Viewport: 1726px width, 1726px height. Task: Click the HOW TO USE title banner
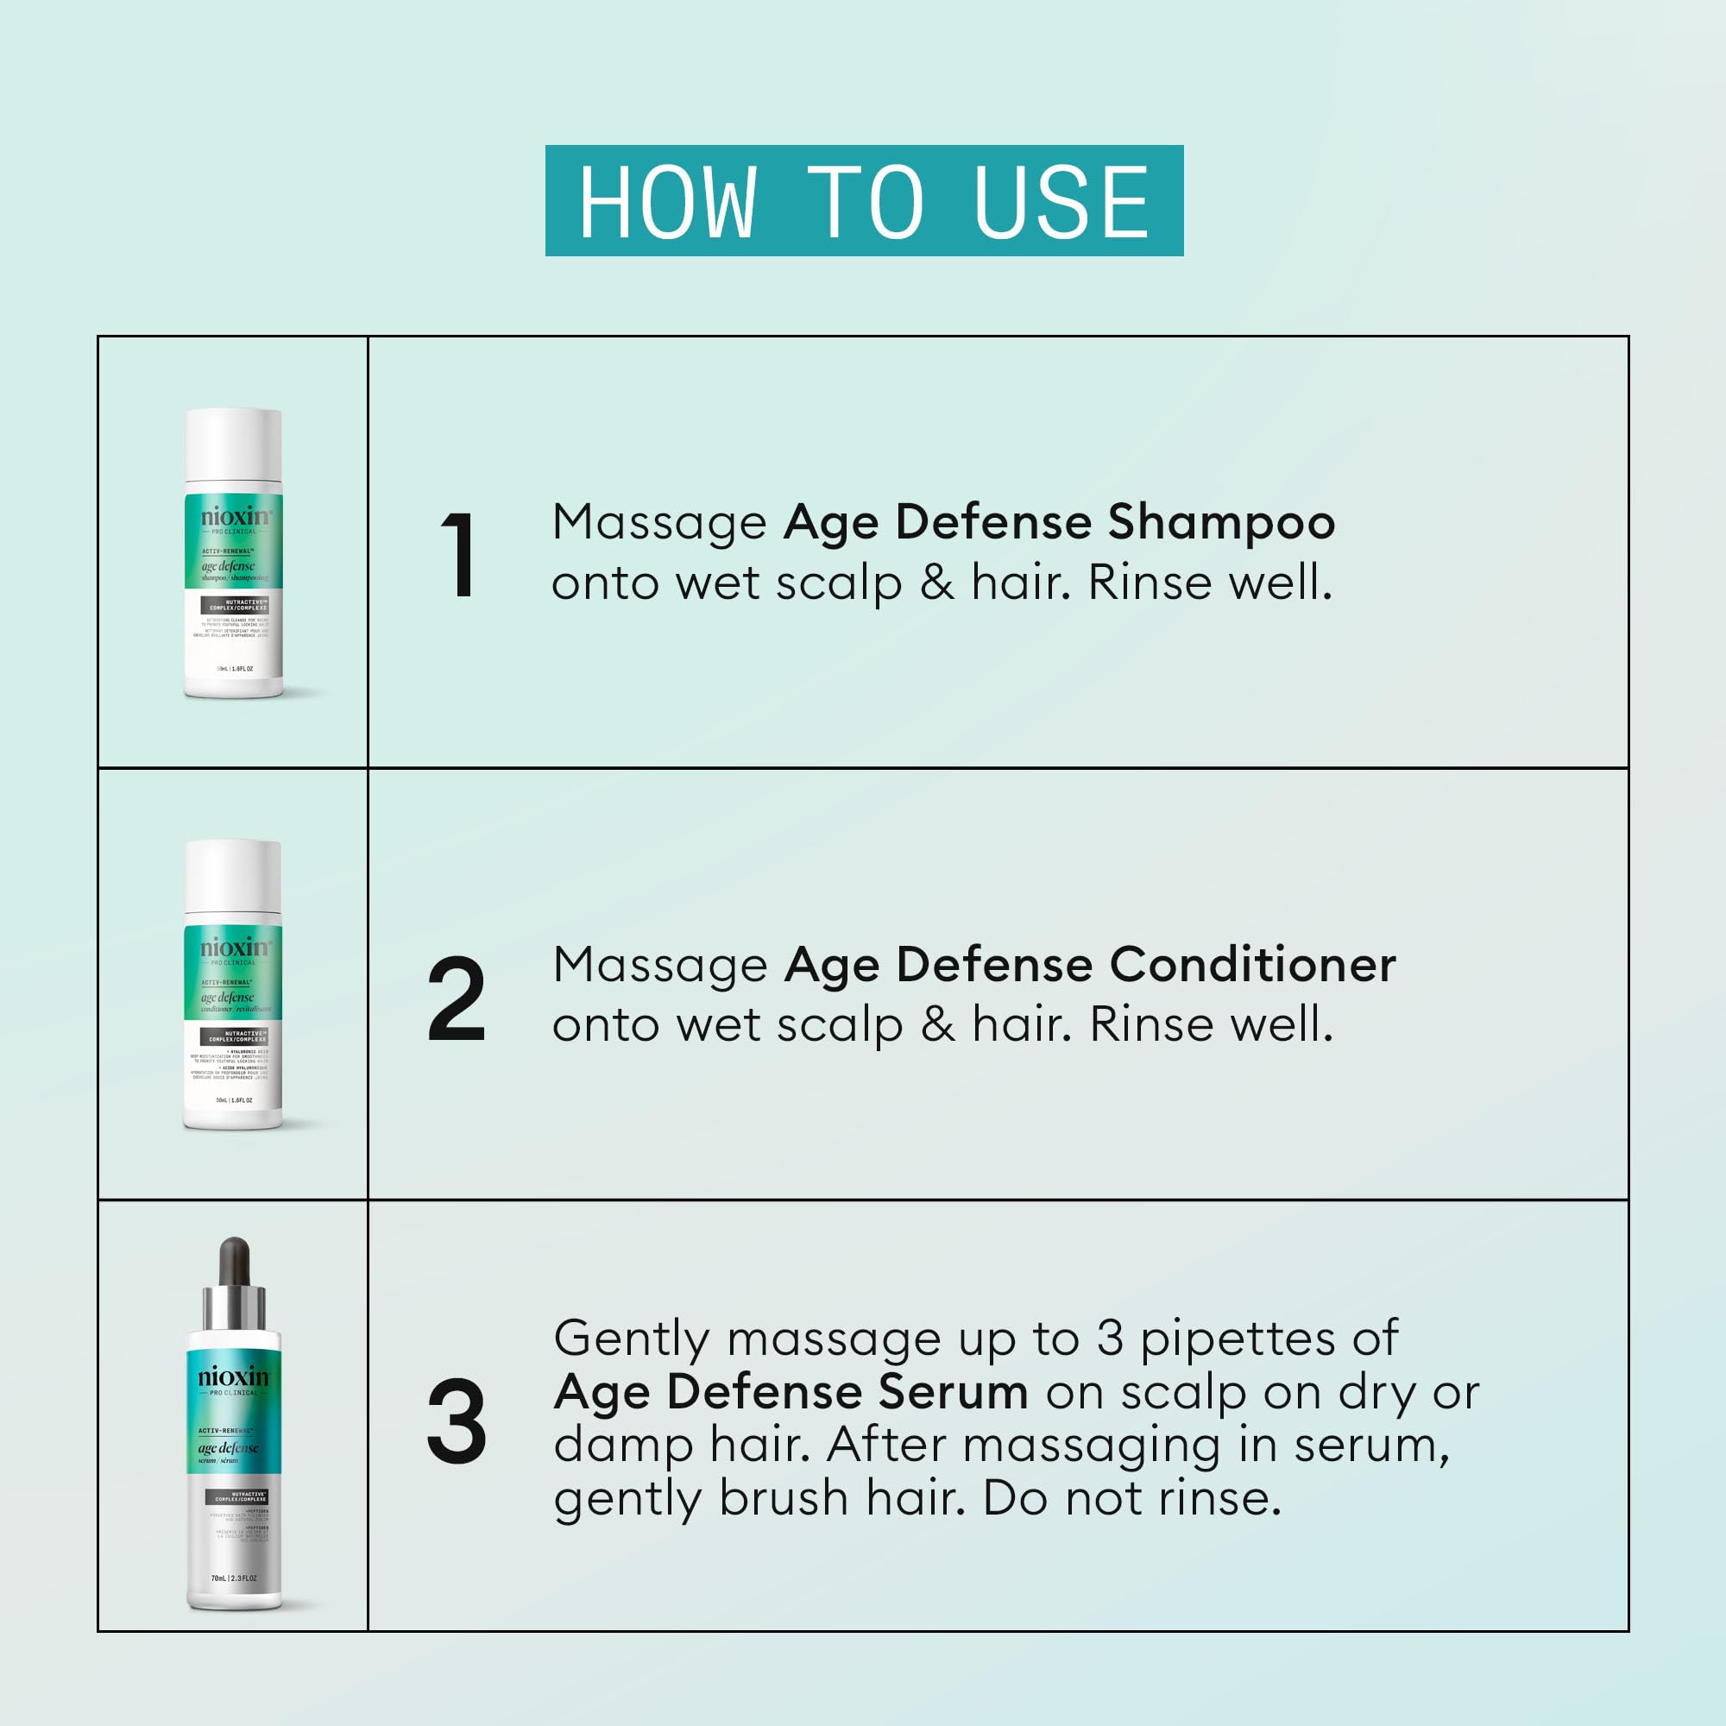pyautogui.click(x=864, y=201)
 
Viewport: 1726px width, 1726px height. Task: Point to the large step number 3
pyautogui.click(x=457, y=1421)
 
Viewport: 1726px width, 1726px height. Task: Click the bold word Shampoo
pyautogui.click(x=1220, y=523)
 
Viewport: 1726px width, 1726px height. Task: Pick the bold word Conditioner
pyautogui.click(x=1252, y=965)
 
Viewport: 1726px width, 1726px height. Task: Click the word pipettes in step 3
pyautogui.click(x=1237, y=1340)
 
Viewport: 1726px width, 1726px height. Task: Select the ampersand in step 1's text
pyautogui.click(x=936, y=583)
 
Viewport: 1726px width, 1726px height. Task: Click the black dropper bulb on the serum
pyautogui.click(x=234, y=1261)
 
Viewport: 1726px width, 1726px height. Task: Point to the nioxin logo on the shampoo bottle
pyautogui.click(x=235, y=516)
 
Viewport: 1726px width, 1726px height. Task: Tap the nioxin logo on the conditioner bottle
pyautogui.click(x=234, y=947)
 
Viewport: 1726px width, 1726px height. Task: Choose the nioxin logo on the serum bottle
pyautogui.click(x=234, y=1376)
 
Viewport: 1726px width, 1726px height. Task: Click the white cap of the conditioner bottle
pyautogui.click(x=234, y=881)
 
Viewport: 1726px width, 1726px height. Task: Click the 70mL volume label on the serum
pyautogui.click(x=234, y=1578)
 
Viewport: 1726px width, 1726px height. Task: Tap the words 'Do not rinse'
pyautogui.click(x=1131, y=1498)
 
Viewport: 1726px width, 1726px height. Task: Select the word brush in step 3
pyautogui.click(x=783, y=1498)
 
